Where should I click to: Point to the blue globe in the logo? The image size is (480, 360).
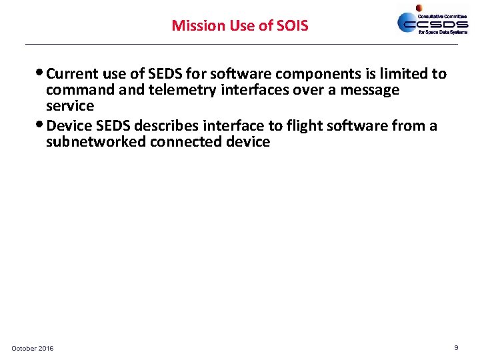408,22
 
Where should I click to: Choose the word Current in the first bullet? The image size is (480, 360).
73,74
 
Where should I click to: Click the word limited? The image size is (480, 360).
399,74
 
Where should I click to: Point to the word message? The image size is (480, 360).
371,90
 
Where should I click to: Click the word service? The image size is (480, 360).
70,106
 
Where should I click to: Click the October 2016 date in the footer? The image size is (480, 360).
33,349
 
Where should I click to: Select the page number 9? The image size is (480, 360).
456,347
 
